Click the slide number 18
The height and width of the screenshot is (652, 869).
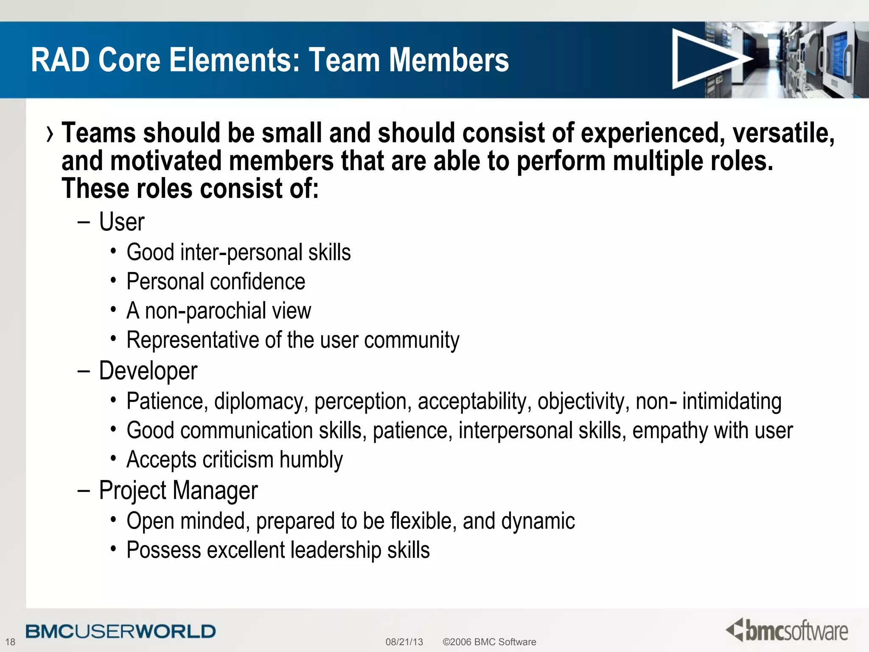(x=10, y=642)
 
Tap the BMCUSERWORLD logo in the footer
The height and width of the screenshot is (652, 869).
(x=121, y=631)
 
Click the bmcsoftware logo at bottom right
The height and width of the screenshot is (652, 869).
(x=787, y=630)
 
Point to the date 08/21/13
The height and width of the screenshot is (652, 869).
(x=404, y=642)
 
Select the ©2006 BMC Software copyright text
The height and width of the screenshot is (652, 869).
(x=489, y=642)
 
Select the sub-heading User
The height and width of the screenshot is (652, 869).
(x=122, y=222)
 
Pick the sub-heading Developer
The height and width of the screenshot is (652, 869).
(x=148, y=371)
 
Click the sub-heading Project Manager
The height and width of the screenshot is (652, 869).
(x=178, y=490)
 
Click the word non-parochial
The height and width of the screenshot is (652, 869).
(x=206, y=311)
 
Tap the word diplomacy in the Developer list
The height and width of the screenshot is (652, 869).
(x=261, y=401)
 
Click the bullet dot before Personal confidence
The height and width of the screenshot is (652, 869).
(x=113, y=281)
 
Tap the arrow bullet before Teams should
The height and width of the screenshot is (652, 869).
(x=50, y=134)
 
